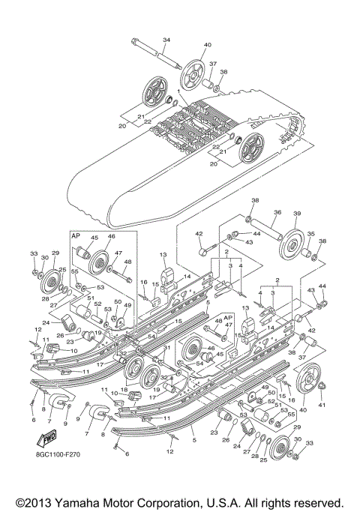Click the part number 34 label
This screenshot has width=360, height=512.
(x=166, y=39)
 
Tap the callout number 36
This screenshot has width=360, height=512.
(x=277, y=213)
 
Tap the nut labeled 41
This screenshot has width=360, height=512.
(x=322, y=386)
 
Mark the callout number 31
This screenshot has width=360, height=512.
(x=168, y=347)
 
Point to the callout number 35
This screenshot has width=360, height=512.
(x=310, y=234)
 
